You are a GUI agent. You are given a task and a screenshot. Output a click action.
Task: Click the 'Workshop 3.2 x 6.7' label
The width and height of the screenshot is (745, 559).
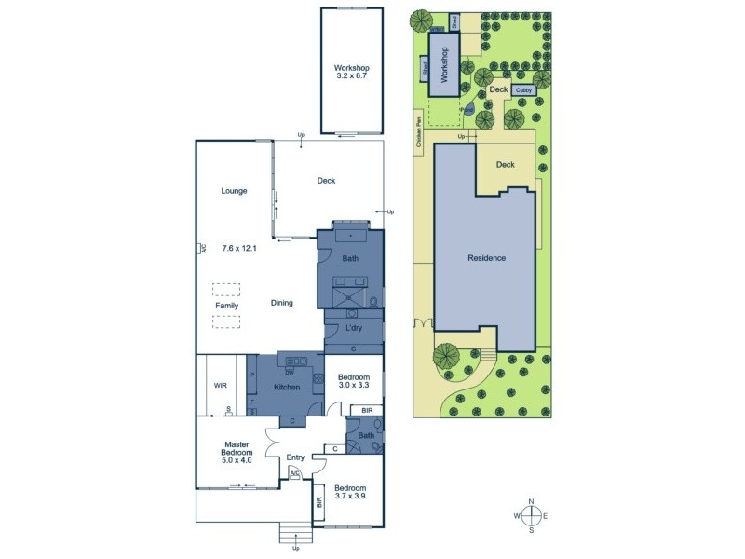(353, 74)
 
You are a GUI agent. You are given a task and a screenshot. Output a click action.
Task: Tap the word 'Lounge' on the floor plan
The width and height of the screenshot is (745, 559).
(234, 191)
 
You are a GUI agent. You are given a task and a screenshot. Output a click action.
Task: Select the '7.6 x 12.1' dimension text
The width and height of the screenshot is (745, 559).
(240, 249)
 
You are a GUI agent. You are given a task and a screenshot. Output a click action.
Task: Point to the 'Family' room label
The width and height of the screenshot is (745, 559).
(226, 306)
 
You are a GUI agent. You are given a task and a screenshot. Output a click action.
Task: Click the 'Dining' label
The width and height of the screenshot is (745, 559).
(282, 303)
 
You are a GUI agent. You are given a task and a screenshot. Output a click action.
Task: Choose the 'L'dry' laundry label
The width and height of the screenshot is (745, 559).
(354, 329)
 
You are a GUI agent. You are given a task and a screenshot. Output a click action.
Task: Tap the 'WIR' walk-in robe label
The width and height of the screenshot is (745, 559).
(221, 384)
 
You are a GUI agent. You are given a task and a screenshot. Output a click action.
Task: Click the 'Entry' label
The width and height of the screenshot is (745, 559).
(295, 457)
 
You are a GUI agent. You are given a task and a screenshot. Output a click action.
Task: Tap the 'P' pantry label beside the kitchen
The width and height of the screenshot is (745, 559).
(252, 375)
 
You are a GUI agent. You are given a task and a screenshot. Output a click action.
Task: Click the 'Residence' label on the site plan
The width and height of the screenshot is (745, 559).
(486, 258)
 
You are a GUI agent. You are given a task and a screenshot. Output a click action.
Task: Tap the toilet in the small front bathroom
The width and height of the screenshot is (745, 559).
(373, 446)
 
